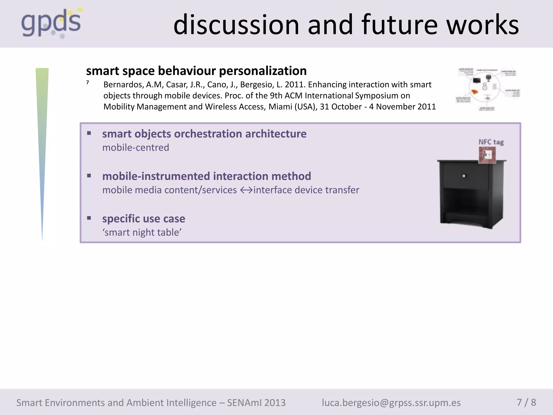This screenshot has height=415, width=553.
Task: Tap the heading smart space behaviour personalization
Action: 196,71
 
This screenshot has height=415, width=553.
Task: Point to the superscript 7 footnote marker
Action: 88,83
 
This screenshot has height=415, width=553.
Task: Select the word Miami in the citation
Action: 280,107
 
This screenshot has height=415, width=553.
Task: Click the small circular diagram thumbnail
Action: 488,89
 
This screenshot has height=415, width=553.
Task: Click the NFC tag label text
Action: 491,142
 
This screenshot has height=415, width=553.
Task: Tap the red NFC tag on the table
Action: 487,155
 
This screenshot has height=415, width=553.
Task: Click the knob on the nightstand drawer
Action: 464,176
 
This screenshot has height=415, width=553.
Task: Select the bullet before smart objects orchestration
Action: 89,133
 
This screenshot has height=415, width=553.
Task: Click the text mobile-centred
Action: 136,148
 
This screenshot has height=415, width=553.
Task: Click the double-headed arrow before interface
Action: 246,190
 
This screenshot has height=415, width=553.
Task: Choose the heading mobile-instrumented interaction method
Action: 207,176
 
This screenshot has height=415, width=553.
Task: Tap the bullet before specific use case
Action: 89,218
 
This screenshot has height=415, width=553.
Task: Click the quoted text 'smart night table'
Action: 142,232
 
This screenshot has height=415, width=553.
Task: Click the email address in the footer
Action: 391,403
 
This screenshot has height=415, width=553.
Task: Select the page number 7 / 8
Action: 526,402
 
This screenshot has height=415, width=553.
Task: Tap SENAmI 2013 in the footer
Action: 256,403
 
